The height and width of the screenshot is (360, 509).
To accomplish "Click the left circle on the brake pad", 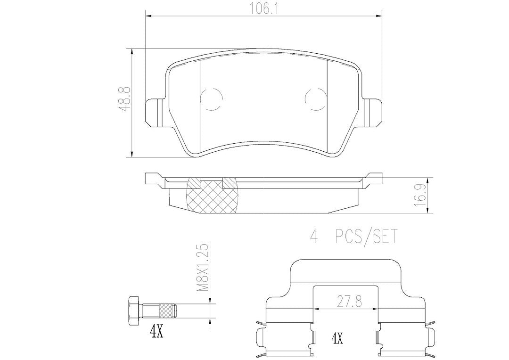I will [x=211, y=99].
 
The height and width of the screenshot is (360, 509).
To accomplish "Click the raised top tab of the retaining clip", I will [x=346, y=271].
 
